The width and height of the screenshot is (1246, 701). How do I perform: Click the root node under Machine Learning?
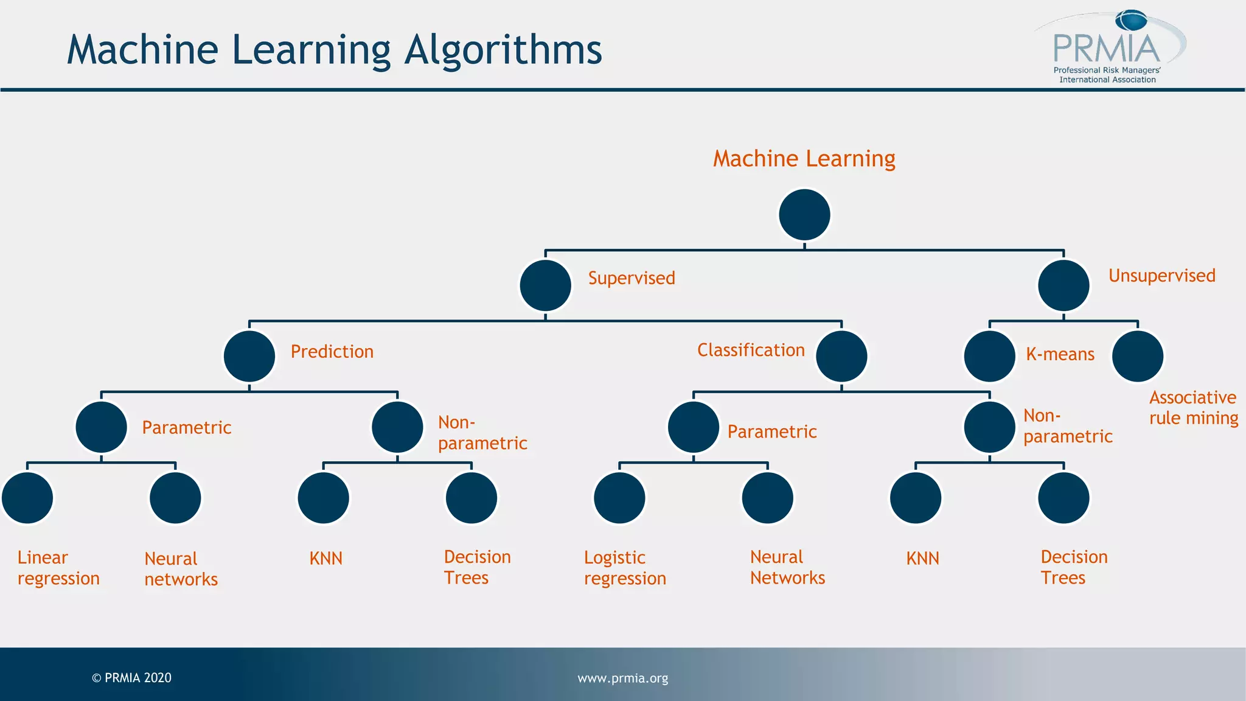804,215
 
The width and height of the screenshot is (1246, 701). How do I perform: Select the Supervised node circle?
545,285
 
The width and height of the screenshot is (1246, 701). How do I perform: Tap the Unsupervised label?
1161,276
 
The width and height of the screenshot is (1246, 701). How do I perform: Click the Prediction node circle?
249,356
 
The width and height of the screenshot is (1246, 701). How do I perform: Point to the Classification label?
751,350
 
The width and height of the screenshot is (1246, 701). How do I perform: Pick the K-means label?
1060,354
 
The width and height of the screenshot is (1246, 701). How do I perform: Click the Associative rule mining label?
1193,408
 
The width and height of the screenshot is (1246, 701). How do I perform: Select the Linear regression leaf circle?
27,498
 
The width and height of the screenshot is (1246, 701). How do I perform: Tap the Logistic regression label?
625,568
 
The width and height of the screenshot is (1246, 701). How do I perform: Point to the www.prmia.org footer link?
622,678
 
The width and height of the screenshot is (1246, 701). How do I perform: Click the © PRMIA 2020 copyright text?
131,678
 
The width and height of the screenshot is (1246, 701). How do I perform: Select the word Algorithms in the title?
503,50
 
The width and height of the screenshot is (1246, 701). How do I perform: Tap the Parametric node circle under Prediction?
101,427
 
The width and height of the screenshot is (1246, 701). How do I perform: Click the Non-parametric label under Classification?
1067,426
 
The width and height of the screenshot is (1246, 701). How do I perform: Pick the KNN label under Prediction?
325,558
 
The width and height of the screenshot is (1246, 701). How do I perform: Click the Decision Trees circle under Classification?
1063,498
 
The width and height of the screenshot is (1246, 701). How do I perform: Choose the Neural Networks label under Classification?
787,567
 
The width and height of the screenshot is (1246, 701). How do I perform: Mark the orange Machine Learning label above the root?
804,159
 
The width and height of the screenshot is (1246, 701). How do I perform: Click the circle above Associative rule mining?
1137,356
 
